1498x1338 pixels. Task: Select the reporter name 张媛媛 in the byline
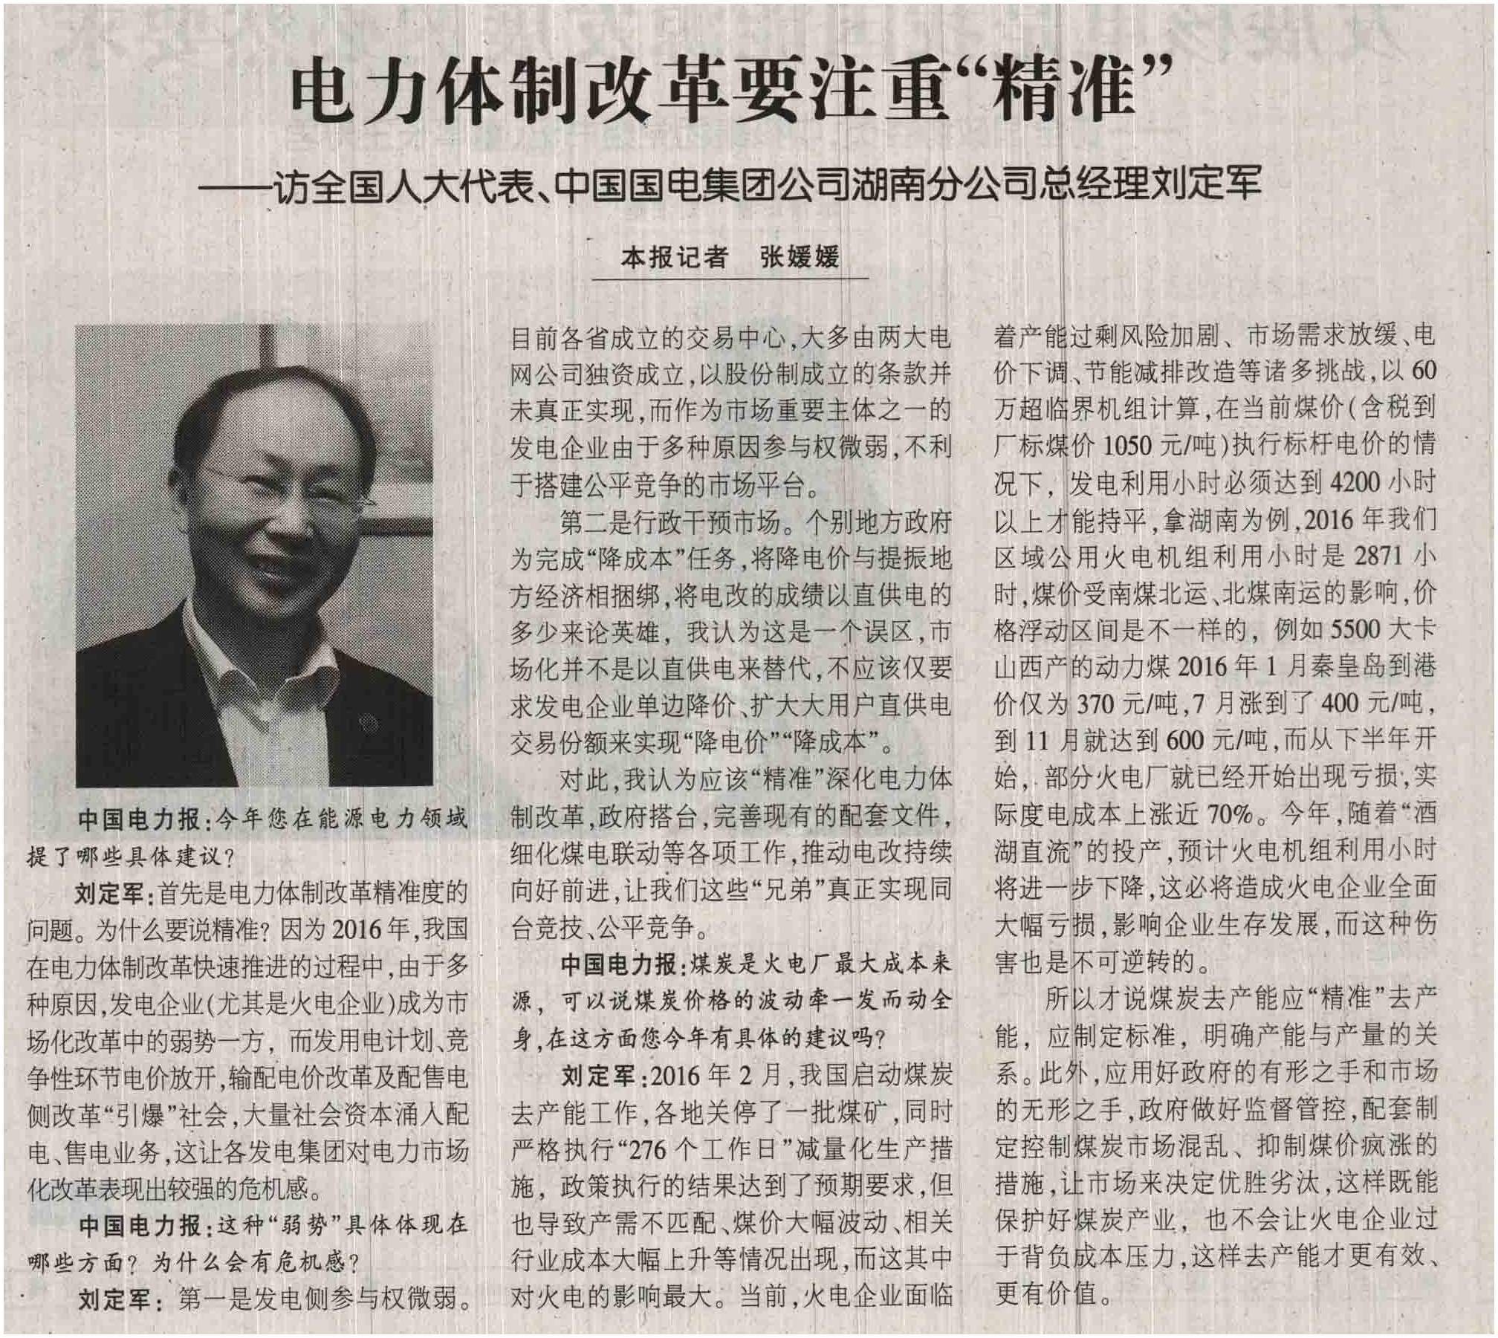pos(799,257)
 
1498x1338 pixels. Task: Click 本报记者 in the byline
pos(673,257)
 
